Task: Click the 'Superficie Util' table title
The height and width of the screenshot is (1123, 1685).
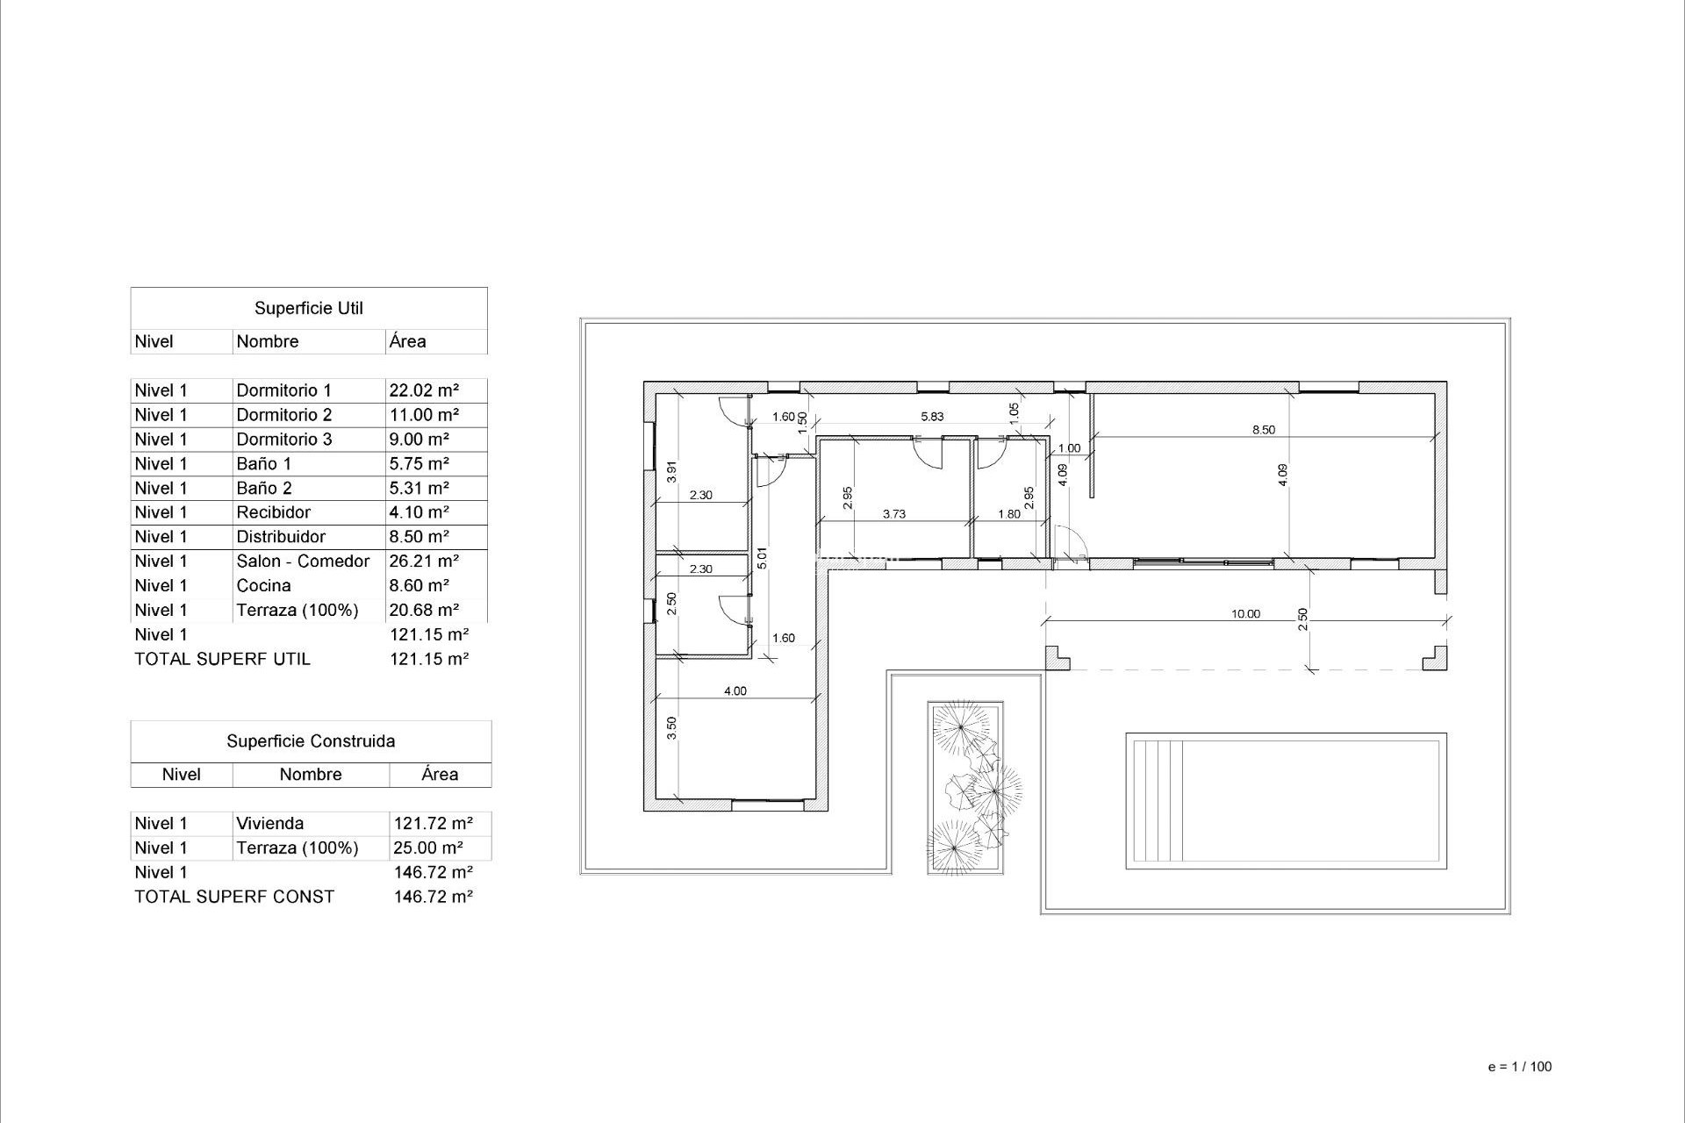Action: (x=308, y=308)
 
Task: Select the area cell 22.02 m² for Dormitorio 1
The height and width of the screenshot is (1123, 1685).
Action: (x=424, y=390)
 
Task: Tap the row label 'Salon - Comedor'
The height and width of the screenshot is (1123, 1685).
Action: (x=303, y=561)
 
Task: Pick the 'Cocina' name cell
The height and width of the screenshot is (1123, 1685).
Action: (x=263, y=585)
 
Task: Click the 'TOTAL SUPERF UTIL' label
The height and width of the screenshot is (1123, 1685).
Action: (x=222, y=659)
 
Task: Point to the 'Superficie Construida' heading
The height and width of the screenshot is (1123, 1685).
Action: (x=311, y=741)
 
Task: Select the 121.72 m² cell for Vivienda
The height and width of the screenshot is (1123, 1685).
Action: (x=434, y=823)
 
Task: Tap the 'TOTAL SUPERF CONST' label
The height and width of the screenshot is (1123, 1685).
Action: (x=234, y=897)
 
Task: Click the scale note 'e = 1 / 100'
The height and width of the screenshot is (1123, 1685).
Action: (x=1520, y=1067)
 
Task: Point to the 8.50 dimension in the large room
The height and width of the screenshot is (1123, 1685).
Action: (x=1263, y=430)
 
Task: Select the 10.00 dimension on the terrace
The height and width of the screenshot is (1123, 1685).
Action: (x=1245, y=614)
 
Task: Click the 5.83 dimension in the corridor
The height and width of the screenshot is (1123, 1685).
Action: (x=932, y=417)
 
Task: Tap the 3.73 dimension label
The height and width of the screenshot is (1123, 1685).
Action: (x=893, y=514)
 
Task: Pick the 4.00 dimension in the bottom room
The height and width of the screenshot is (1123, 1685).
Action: (x=735, y=691)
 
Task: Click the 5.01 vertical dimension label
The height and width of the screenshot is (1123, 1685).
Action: (x=762, y=558)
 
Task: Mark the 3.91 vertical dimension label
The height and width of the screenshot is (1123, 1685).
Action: (x=671, y=472)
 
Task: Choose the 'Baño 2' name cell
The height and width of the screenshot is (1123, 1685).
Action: (x=263, y=488)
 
